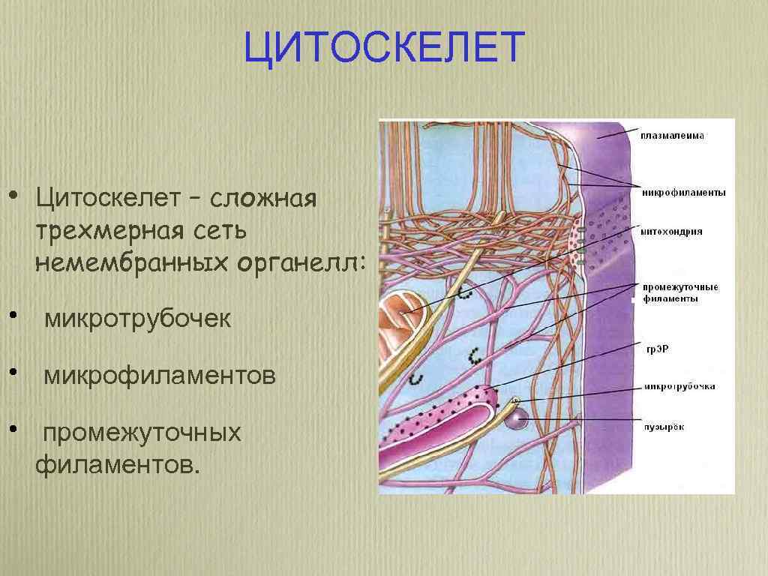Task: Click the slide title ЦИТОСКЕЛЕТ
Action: point(383,48)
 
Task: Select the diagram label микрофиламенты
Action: point(683,193)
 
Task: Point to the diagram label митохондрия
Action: point(671,232)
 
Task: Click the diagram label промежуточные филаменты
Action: point(679,292)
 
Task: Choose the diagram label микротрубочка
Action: point(678,387)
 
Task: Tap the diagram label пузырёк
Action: point(663,427)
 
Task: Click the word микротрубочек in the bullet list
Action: point(137,319)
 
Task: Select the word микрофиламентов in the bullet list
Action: point(159,375)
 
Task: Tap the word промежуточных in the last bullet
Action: point(142,433)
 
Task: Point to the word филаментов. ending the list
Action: point(118,466)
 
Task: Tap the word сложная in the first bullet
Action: point(266,199)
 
